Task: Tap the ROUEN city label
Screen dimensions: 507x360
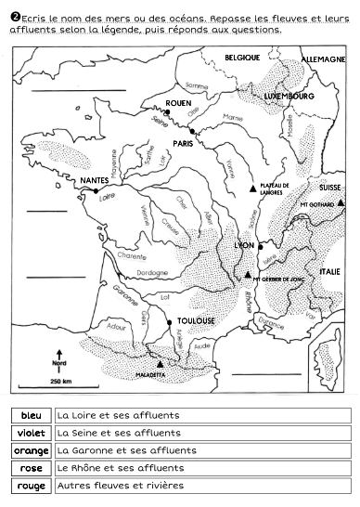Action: tap(178, 103)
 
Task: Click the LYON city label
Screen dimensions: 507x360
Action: tap(245, 245)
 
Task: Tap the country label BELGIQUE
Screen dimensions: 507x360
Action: tap(242, 58)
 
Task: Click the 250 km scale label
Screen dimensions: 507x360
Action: tap(61, 382)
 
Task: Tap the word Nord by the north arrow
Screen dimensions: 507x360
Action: tap(59, 363)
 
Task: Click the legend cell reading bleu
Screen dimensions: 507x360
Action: tap(31, 415)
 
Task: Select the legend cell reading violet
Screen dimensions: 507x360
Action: tap(31, 433)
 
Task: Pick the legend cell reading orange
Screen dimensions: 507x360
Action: tap(31, 450)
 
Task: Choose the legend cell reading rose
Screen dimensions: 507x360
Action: tap(31, 468)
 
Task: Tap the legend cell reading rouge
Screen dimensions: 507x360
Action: tap(31, 486)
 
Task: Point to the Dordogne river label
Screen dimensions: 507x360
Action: tap(151, 273)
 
